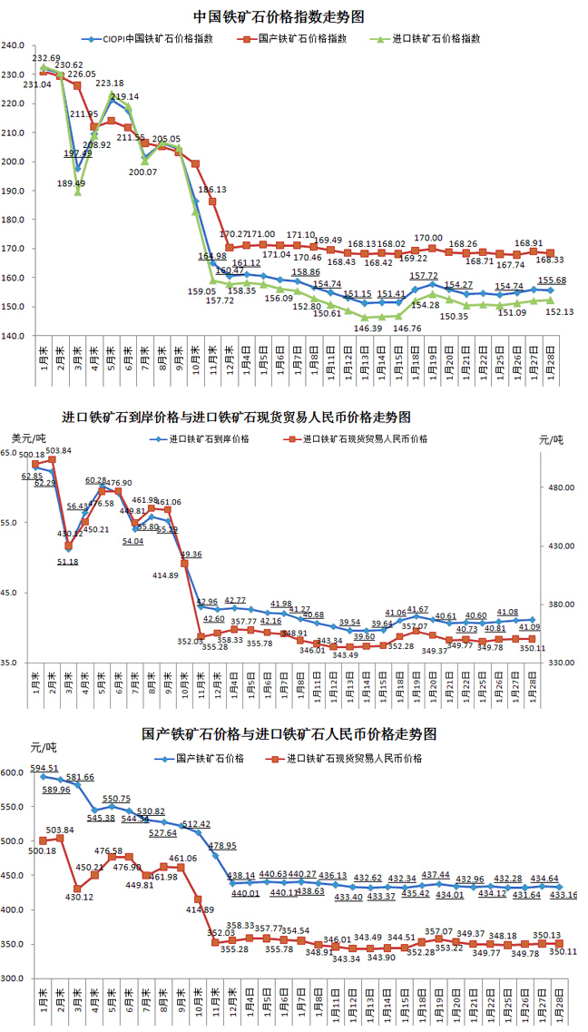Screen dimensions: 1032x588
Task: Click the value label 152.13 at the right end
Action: click(x=556, y=312)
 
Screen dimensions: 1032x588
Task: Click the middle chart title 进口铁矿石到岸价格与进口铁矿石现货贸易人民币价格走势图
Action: click(x=236, y=418)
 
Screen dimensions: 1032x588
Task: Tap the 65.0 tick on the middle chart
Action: click(x=10, y=452)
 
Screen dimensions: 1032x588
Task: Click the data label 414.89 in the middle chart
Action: click(x=165, y=575)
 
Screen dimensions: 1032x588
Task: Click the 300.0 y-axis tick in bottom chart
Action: click(x=13, y=978)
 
